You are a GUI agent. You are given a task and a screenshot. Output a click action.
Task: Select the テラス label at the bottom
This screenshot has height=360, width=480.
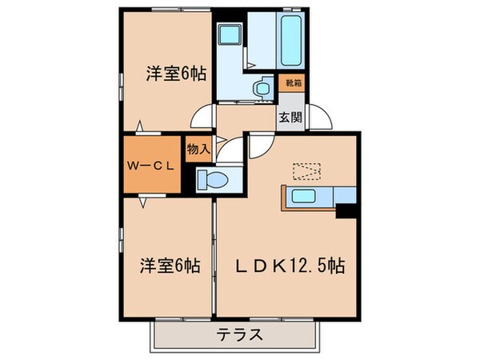tap(240, 334)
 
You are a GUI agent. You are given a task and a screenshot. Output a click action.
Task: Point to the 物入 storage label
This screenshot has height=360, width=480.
tap(198, 149)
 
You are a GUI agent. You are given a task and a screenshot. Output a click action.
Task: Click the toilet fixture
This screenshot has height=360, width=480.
tap(210, 179)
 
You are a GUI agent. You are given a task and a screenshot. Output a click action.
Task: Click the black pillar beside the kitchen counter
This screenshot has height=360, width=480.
tap(346, 210)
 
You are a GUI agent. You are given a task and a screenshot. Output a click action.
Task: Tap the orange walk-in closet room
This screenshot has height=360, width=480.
tap(150, 166)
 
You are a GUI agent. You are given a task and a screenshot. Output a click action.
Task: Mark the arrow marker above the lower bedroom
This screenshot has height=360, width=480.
tap(142, 203)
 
